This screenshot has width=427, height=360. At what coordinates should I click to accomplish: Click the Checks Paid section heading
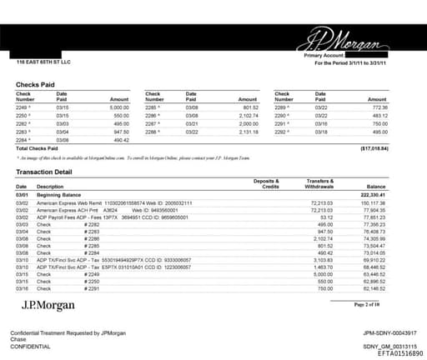click(36, 84)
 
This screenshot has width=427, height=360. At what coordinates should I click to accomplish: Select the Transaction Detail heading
click(48, 171)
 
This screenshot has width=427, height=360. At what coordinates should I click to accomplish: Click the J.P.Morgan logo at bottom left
click(49, 305)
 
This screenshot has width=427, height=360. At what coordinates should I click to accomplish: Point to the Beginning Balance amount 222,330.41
click(394, 193)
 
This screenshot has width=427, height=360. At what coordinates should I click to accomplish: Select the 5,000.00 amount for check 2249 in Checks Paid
click(118, 108)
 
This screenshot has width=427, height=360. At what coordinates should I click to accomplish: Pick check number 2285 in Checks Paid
click(152, 108)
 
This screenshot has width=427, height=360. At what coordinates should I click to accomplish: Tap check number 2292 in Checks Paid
click(281, 131)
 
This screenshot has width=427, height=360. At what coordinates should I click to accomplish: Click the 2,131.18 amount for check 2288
click(247, 131)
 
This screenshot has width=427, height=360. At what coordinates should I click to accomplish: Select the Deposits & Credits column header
click(267, 183)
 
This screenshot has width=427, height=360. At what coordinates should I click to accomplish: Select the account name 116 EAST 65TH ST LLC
click(43, 62)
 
